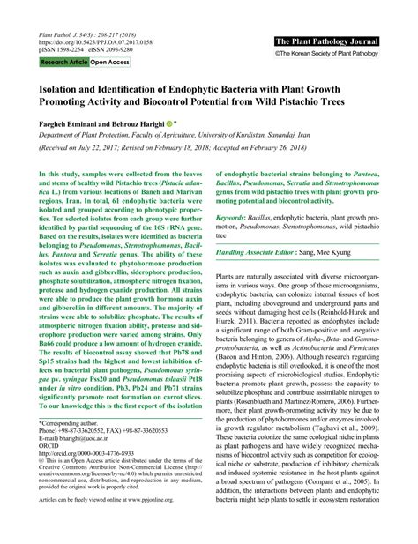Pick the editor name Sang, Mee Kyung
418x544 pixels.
(346, 252)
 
